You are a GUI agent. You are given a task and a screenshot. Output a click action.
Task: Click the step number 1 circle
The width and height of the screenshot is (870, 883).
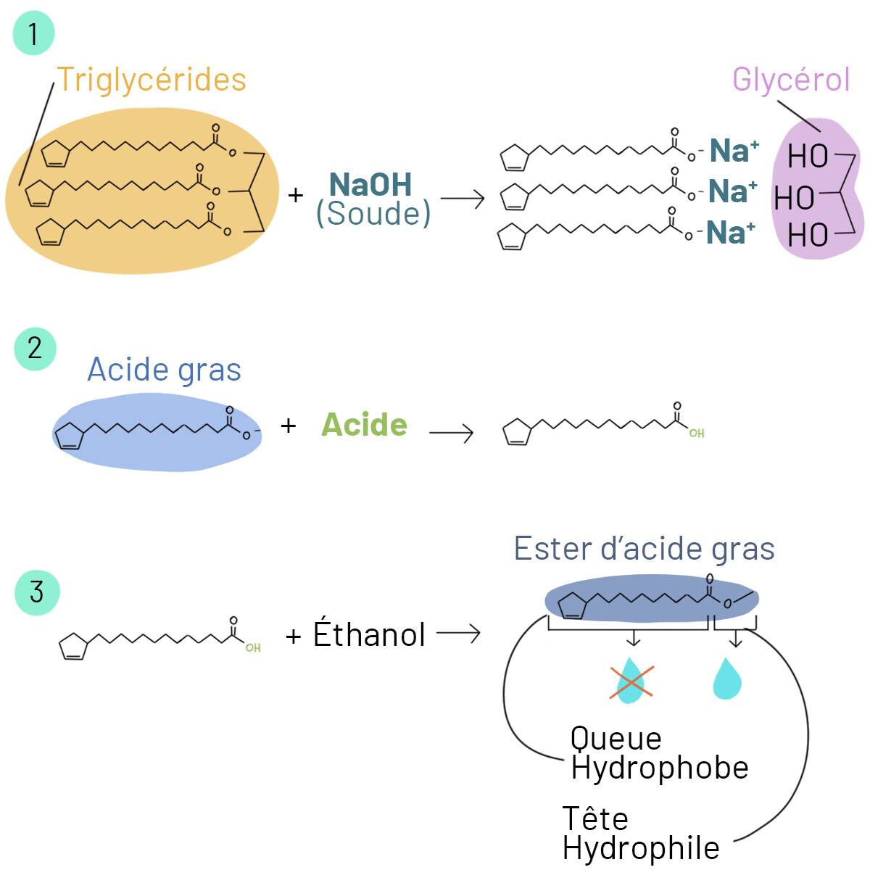point(33,33)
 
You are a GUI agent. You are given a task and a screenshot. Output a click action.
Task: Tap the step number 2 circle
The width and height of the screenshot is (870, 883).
point(35,349)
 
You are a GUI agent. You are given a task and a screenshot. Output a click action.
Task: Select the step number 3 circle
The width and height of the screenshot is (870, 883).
point(36,592)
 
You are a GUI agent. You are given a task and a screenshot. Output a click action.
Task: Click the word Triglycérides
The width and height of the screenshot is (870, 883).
point(152,80)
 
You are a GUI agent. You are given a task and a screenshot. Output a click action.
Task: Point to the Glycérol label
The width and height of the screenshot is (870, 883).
point(790,79)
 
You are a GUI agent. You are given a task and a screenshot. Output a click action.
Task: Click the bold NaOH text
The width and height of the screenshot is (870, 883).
point(370,185)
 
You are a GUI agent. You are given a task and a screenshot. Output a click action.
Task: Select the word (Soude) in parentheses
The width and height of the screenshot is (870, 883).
point(373,214)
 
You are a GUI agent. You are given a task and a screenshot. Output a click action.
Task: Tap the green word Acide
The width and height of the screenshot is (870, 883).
point(364,425)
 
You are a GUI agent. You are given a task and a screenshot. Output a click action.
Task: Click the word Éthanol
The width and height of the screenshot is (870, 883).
point(369,634)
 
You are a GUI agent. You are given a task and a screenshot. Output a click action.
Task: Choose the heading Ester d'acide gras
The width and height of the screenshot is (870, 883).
point(644,549)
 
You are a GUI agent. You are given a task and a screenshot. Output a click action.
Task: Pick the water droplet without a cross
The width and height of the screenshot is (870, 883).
point(727,679)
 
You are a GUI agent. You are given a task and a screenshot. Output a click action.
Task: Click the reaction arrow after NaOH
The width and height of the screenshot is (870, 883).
point(463,198)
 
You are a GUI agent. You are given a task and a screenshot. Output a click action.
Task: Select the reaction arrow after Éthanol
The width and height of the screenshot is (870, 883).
point(459,634)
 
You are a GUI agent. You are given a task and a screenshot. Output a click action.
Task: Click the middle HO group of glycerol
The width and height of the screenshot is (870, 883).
point(794,197)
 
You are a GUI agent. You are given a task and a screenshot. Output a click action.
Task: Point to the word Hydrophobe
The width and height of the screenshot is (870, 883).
point(659,768)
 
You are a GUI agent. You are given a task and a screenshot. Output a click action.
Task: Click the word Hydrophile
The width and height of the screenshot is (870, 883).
point(641,848)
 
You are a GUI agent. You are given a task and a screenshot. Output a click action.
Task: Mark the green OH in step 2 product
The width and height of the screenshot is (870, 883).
point(697,434)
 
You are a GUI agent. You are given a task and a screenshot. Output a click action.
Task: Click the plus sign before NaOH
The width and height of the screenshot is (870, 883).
point(295,195)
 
